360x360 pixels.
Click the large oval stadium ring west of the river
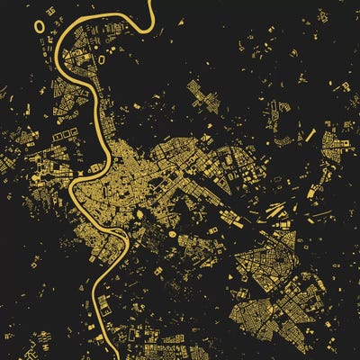(40, 25)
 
